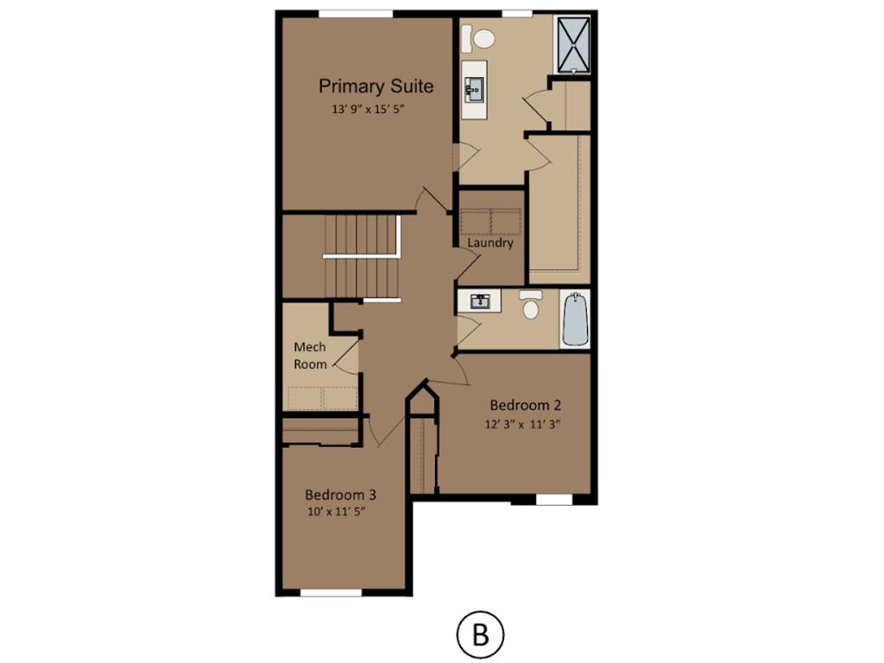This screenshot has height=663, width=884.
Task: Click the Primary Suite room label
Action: point(376,86)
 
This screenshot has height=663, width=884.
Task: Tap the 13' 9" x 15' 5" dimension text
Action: point(369,110)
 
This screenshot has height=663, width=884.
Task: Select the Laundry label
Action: point(490,243)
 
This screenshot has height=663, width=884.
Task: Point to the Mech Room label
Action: point(310,356)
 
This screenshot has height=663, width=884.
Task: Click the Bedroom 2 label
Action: point(526,406)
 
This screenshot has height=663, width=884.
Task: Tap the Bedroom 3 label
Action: point(340,495)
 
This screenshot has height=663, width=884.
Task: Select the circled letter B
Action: point(480,635)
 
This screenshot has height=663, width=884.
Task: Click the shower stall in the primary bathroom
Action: point(572,45)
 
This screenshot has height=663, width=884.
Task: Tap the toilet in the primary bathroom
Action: point(478,39)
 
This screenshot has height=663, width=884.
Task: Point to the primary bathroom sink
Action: point(474,90)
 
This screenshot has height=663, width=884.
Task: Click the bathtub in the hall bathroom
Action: point(575,319)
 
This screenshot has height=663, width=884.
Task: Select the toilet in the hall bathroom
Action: point(531,305)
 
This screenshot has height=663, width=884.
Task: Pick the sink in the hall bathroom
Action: point(479,300)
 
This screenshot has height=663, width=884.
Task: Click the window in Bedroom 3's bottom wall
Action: point(331,592)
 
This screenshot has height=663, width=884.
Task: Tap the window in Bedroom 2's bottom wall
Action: point(553,500)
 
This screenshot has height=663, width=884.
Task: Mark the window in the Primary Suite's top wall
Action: point(356,14)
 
